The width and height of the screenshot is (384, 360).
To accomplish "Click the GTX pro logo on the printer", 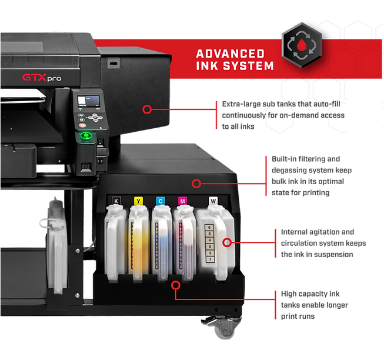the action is (x=42, y=78).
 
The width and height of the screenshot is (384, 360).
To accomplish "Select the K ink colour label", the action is (x=116, y=201).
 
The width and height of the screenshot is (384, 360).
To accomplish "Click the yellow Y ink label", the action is (x=138, y=201).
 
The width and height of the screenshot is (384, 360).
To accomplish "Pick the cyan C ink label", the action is (x=161, y=201).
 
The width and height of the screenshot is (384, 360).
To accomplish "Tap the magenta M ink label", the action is (x=182, y=201).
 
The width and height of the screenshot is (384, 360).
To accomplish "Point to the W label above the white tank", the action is (x=213, y=201).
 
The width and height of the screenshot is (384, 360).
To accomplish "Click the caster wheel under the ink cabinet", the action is (x=223, y=328).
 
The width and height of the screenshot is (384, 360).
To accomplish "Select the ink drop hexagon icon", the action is (x=302, y=45).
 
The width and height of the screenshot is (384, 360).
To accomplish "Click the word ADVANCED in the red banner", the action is (x=230, y=54).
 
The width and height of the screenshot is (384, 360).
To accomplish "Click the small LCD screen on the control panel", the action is (x=89, y=101).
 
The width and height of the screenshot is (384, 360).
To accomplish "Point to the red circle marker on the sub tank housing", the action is (x=147, y=109).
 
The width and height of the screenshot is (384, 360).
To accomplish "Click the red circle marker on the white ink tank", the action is (x=227, y=242).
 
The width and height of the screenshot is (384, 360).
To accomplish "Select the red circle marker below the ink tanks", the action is (x=176, y=285).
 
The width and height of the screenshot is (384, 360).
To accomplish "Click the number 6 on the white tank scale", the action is (x=209, y=228).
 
